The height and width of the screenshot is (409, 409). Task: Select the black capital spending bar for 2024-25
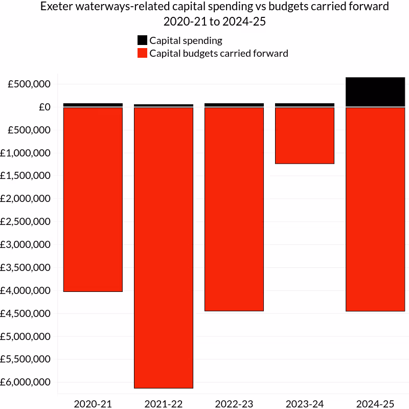click(375, 92)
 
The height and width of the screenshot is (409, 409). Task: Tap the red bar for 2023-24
click(305, 135)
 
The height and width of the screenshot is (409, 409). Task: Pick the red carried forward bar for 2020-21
click(93, 199)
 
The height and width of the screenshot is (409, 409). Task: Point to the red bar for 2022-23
click(234, 209)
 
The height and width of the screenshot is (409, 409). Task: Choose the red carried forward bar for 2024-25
click(375, 209)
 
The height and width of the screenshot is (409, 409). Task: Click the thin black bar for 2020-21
click(93, 105)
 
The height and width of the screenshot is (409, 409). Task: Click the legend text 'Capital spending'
click(186, 40)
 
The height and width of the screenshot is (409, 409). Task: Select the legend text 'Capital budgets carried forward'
click(219, 53)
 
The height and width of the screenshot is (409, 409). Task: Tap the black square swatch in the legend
click(143, 40)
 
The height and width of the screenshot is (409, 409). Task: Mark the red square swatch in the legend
click(143, 53)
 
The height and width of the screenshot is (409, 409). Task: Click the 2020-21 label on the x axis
click(93, 404)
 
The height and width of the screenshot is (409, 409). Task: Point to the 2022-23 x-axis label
click(234, 404)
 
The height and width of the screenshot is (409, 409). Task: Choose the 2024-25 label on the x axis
click(375, 404)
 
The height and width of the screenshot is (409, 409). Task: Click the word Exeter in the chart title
click(57, 7)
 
